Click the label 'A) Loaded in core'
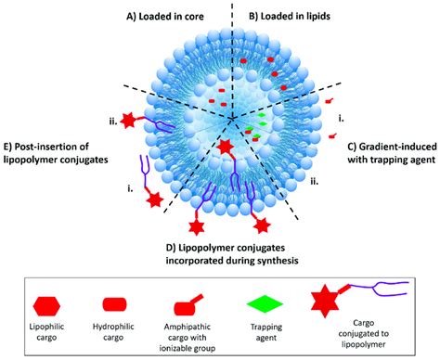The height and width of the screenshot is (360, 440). coord(175,16)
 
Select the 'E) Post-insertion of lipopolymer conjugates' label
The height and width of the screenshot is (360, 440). coord(58,153)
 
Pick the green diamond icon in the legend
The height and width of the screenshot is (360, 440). coord(270,305)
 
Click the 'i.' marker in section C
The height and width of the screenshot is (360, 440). coord(343,117)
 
